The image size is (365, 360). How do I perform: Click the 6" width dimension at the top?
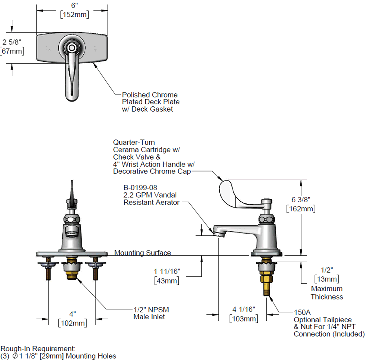[75, 5]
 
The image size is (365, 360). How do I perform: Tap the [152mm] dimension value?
[75, 14]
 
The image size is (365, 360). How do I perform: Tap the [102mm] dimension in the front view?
[72, 323]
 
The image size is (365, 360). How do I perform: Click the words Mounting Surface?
[143, 253]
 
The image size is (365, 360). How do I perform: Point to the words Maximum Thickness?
[327, 293]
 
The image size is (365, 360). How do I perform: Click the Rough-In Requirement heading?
[38, 348]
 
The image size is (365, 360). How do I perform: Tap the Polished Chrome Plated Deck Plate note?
[150, 102]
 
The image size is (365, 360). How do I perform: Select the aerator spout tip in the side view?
[217, 231]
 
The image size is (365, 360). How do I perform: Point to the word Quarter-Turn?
[133, 142]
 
